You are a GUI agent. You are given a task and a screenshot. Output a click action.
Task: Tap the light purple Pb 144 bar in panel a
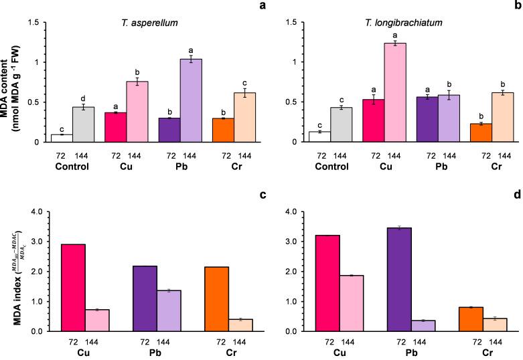click(177, 100)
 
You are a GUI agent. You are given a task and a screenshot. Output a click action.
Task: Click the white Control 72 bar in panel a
click(62, 138)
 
